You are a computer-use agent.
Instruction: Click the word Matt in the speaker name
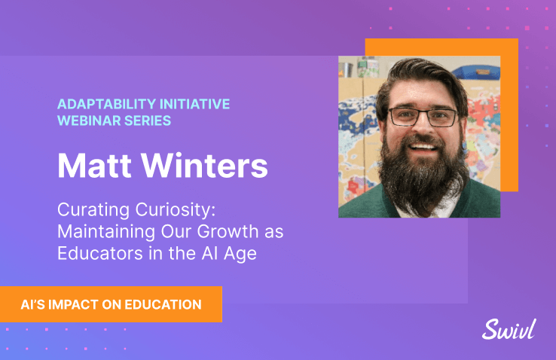point(94,166)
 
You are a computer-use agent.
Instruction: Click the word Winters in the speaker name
point(205,166)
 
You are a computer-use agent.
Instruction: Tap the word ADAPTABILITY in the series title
point(106,104)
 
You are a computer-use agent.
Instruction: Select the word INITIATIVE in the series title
point(194,104)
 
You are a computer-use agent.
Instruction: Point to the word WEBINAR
point(89,121)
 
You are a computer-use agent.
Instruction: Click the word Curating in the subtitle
point(93,210)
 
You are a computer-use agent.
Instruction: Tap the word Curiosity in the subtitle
point(176,210)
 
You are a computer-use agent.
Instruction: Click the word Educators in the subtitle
point(100,253)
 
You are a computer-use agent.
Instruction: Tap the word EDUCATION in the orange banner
point(163,305)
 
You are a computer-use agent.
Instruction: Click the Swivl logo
point(509,329)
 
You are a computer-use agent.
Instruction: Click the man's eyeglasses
point(423,117)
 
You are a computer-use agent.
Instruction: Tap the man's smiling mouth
point(423,147)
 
